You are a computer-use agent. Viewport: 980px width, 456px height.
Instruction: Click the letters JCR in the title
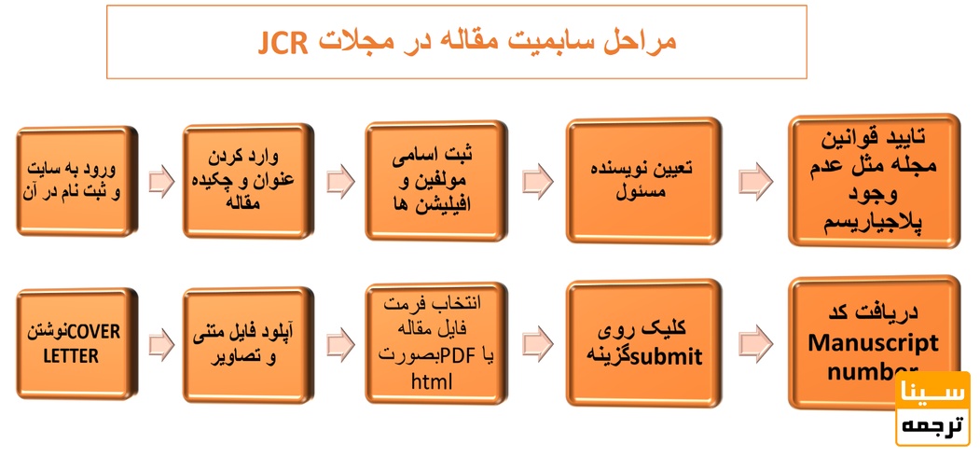tap(283, 44)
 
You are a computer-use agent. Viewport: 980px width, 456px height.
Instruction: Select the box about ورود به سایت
tap(76, 181)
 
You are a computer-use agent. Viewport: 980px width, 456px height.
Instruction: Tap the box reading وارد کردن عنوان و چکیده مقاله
tap(246, 179)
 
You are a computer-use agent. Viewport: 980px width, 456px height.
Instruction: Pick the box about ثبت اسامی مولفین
tap(435, 181)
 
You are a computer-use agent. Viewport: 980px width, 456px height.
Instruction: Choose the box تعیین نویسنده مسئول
tap(643, 180)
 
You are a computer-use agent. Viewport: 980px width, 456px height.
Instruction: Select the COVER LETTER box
tap(76, 343)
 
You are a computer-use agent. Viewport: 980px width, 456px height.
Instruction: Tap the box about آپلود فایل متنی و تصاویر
tap(246, 343)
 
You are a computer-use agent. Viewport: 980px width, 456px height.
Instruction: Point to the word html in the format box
tap(431, 381)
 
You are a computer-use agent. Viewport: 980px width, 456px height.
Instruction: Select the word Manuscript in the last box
tap(873, 342)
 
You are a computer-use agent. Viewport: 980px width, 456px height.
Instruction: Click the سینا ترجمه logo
tap(932, 408)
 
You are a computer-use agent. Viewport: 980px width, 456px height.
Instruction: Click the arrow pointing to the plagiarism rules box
tap(754, 181)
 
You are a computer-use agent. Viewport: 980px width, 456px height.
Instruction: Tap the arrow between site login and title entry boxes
tap(161, 181)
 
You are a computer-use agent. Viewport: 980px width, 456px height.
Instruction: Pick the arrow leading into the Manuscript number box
tap(754, 343)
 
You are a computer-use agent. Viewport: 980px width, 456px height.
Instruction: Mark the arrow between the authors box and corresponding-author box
tap(537, 181)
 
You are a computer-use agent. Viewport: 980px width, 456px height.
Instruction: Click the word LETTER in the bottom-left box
tap(76, 356)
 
